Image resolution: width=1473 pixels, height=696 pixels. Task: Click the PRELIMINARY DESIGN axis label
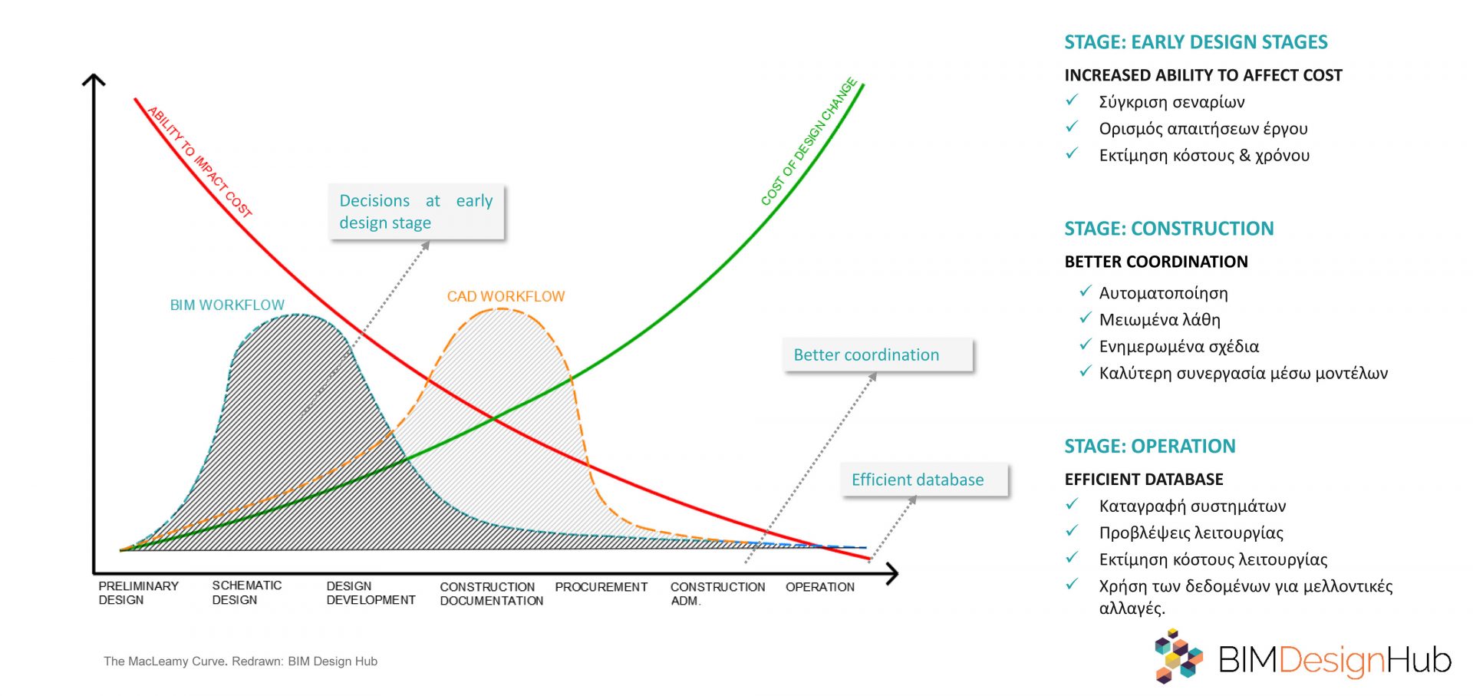(x=138, y=592)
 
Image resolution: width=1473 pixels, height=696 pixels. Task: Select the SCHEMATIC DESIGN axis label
(x=247, y=592)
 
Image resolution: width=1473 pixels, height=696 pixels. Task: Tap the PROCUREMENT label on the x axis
(x=601, y=587)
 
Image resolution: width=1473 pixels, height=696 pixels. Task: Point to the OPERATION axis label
(x=820, y=587)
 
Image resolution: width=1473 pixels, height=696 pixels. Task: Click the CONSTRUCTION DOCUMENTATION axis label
(x=492, y=593)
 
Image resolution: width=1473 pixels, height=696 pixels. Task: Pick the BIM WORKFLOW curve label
(x=227, y=305)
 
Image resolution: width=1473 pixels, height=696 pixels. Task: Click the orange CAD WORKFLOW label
(x=506, y=296)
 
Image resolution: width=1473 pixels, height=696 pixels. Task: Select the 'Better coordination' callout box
(x=878, y=355)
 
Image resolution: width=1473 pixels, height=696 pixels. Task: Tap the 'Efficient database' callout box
(x=924, y=480)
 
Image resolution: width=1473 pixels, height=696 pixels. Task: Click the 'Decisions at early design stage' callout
(x=416, y=211)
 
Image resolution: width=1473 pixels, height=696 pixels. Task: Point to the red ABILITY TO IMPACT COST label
(x=199, y=162)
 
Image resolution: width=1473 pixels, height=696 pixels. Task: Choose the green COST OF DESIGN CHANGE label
(x=809, y=142)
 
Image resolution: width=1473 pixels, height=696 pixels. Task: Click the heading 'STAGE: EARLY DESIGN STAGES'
(x=1195, y=42)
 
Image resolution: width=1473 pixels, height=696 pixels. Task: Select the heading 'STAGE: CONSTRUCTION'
(x=1168, y=229)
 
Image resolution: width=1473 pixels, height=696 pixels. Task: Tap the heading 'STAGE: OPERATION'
(x=1149, y=447)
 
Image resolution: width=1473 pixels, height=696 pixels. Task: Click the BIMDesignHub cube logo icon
(x=1178, y=656)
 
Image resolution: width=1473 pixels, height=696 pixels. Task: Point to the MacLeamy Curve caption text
(x=240, y=661)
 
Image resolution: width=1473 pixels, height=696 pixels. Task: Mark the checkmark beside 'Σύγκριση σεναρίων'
(x=1073, y=101)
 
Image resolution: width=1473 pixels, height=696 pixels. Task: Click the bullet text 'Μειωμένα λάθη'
(x=1159, y=319)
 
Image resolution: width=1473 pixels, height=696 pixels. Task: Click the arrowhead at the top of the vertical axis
(x=94, y=75)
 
